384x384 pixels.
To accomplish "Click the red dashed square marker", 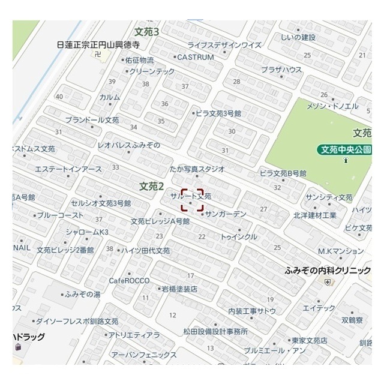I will (x=192, y=201).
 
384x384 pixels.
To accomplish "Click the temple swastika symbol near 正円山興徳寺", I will (x=98, y=55).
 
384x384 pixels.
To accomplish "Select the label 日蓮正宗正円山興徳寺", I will (x=98, y=44).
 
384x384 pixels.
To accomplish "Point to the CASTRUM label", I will (x=195, y=57).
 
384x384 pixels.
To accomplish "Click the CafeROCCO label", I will (x=128, y=280).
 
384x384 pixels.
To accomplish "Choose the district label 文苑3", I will (x=146, y=32).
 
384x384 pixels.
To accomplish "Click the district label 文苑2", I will (x=152, y=186).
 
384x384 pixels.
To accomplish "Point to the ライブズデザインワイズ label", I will (x=224, y=45).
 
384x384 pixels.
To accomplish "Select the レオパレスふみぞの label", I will (x=128, y=145).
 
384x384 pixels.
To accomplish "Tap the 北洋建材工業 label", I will (x=315, y=214).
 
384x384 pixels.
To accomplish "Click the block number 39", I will (x=112, y=82).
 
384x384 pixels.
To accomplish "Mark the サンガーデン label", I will (x=226, y=214).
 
